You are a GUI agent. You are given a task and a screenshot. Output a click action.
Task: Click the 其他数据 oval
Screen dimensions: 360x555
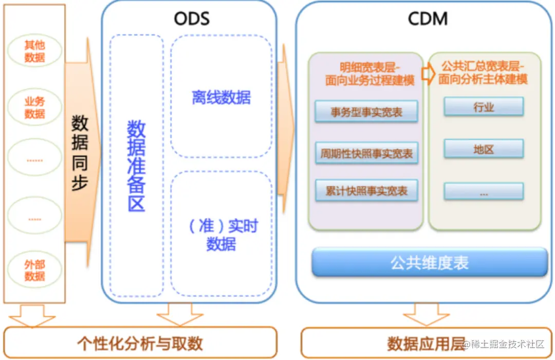click(34, 51)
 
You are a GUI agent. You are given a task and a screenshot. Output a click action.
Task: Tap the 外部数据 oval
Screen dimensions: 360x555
click(34, 271)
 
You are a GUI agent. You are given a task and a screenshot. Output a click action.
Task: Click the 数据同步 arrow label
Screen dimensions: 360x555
click(80, 153)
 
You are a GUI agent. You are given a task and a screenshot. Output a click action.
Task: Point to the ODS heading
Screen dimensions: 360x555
click(192, 19)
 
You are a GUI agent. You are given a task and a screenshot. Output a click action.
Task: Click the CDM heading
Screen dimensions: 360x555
click(428, 19)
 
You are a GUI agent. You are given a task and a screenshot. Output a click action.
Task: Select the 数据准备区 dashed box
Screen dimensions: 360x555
click(136, 166)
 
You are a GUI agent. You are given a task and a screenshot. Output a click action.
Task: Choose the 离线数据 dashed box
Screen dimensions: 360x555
click(221, 96)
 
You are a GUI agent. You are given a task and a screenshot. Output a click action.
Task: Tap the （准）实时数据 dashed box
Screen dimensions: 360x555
click(221, 235)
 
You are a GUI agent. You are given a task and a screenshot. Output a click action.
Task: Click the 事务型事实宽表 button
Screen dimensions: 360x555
click(366, 112)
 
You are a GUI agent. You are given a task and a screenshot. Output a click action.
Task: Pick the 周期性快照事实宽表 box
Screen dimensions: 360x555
click(366, 153)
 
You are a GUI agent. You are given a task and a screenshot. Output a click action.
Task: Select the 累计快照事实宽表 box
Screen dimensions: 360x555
click(366, 191)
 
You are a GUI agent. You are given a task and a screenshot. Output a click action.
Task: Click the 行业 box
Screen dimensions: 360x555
click(484, 107)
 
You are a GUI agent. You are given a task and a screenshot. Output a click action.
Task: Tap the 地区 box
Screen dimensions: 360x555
click(484, 149)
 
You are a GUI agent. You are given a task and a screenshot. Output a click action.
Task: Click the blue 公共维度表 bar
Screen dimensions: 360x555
click(430, 263)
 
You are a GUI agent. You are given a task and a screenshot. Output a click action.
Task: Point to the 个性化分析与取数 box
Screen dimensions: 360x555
click(140, 343)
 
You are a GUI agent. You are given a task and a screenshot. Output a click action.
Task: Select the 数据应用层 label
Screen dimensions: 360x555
click(426, 343)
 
